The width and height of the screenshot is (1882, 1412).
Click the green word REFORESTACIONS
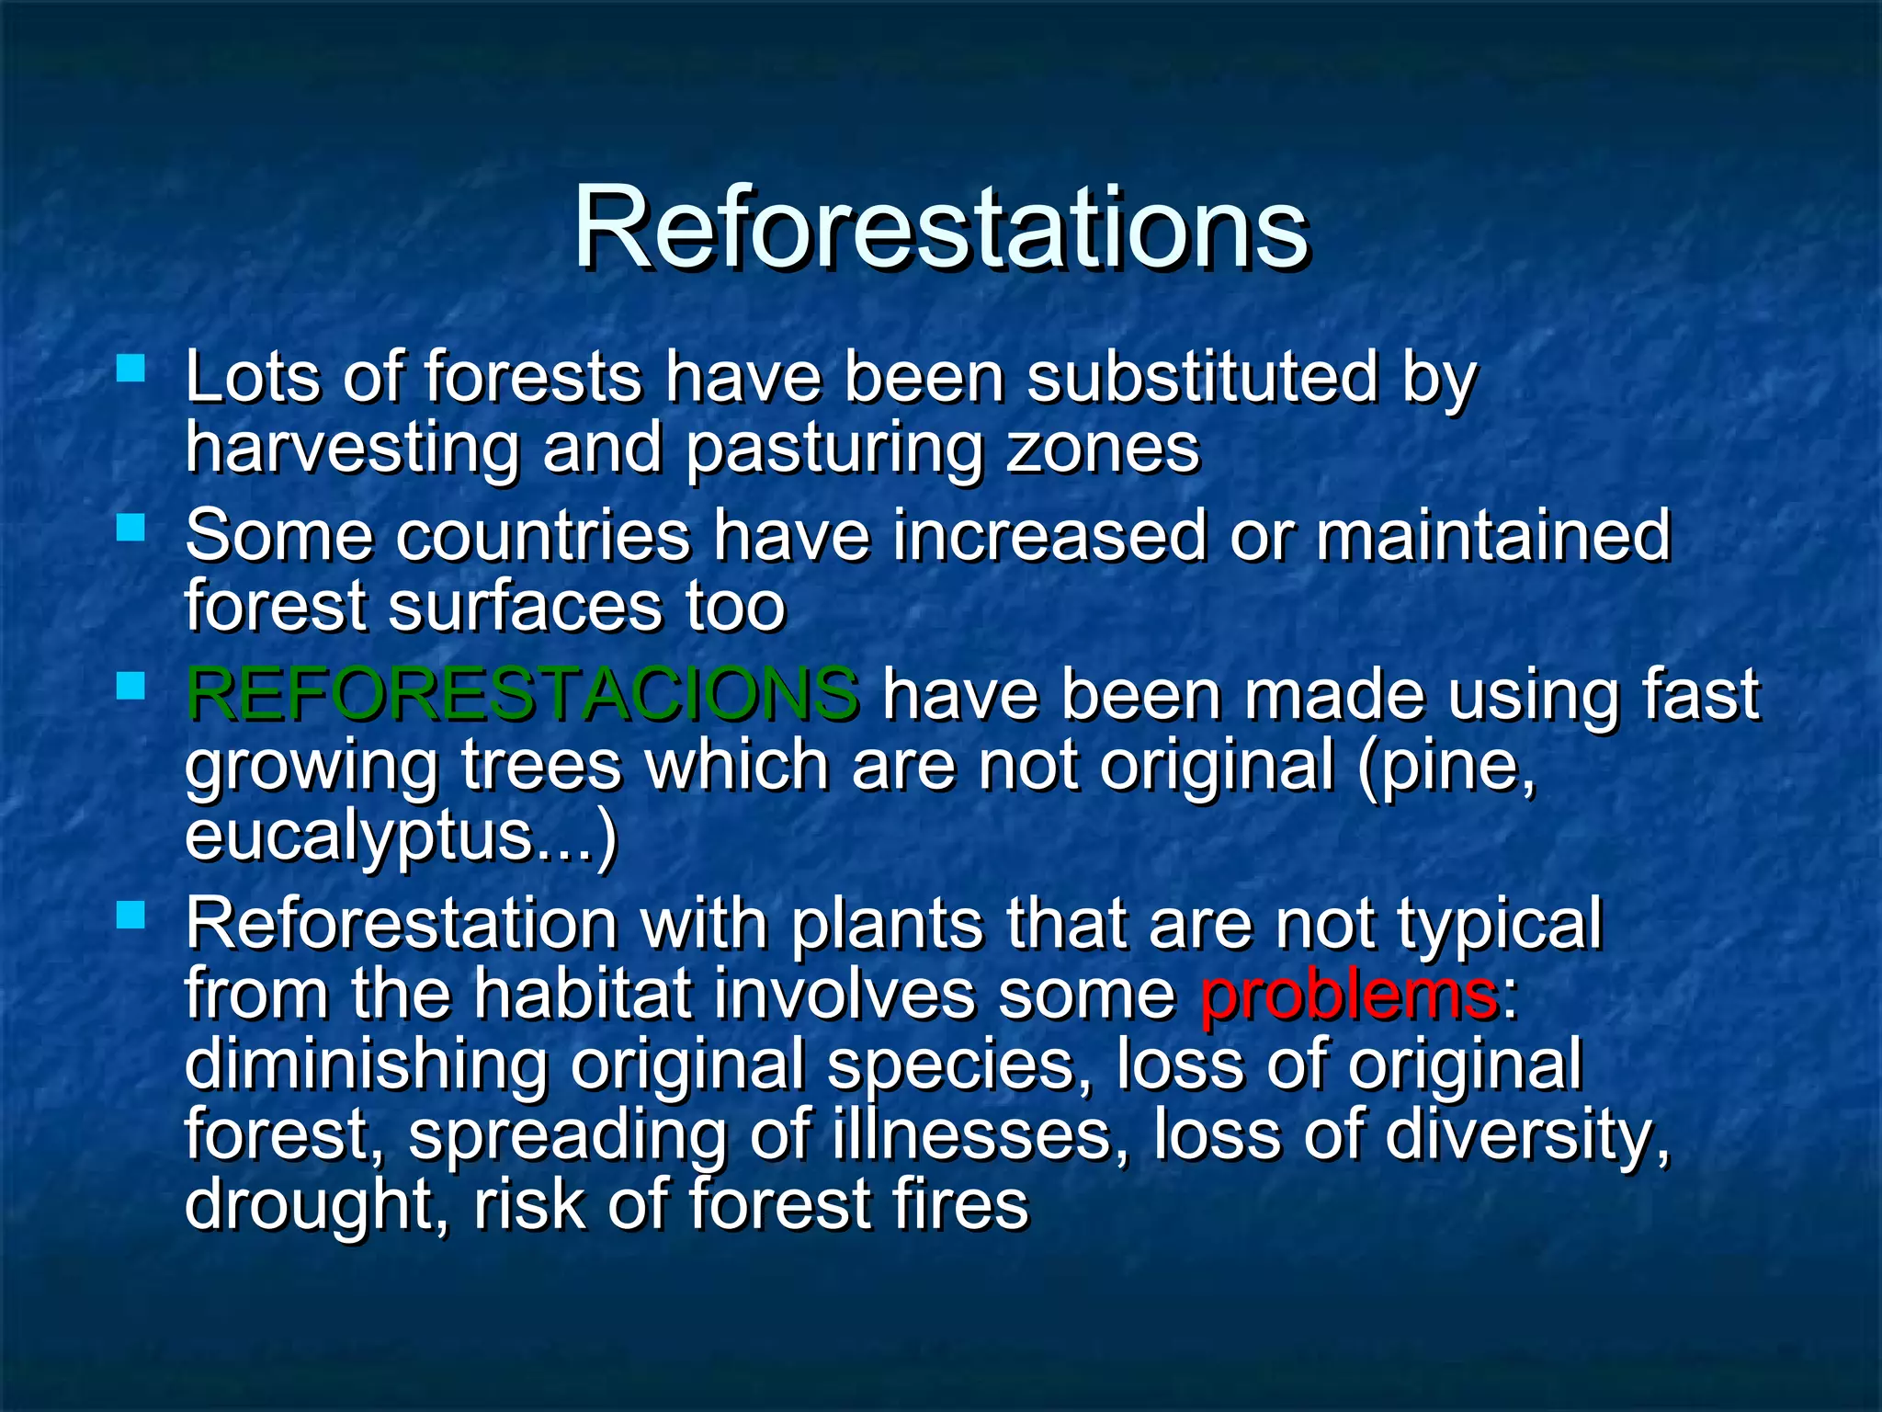(x=522, y=694)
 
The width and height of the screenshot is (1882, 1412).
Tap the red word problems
(x=1349, y=995)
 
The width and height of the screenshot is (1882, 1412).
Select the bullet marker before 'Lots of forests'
(x=131, y=370)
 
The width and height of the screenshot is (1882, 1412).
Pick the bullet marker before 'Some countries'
(x=131, y=528)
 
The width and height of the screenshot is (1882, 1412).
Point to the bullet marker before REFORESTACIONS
(x=131, y=686)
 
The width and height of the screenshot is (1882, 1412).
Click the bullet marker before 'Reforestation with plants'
(x=131, y=915)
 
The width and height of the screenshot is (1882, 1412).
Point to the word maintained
(x=1492, y=536)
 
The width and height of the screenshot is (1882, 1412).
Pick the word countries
(x=542, y=536)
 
